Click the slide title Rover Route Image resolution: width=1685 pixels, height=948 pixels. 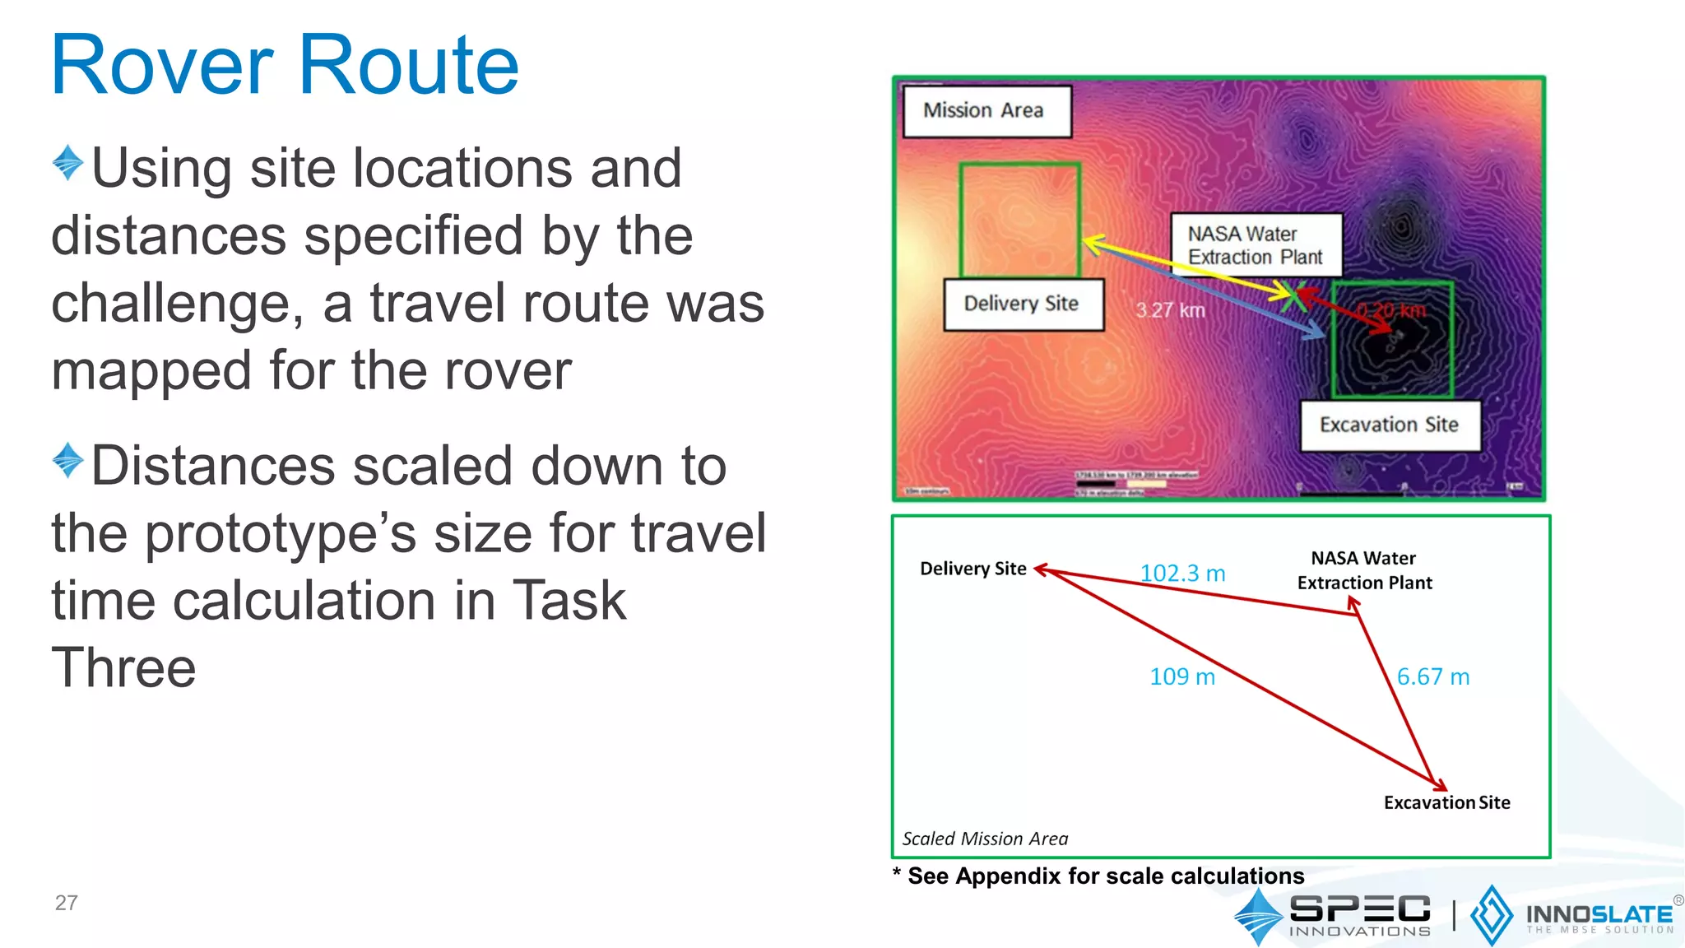click(x=285, y=66)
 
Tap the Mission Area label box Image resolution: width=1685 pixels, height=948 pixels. click(x=986, y=111)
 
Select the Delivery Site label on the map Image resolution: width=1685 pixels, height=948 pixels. click(x=1023, y=304)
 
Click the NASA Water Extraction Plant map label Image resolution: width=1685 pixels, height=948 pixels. click(x=1256, y=245)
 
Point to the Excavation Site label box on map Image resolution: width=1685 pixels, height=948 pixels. click(x=1389, y=425)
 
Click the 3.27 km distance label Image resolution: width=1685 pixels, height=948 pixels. click(x=1170, y=310)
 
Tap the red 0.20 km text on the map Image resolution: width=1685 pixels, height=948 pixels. click(x=1391, y=310)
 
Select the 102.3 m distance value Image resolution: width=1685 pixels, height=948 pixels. click(x=1182, y=573)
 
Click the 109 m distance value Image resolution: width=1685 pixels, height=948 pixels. click(x=1181, y=676)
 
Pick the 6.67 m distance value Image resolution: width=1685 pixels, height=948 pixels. click(x=1432, y=676)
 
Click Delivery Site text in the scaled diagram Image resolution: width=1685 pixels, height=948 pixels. click(x=972, y=569)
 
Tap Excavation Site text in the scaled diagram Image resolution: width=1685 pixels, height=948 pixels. click(x=1446, y=802)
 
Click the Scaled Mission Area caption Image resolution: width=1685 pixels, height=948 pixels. click(x=985, y=839)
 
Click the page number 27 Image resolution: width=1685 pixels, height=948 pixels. click(x=66, y=903)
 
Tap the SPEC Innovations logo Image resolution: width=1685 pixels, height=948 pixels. click(x=1333, y=915)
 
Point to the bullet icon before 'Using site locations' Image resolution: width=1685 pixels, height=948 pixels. click(x=67, y=163)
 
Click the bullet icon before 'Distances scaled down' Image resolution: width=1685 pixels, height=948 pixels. click(x=67, y=461)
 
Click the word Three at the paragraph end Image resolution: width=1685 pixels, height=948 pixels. click(x=123, y=667)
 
